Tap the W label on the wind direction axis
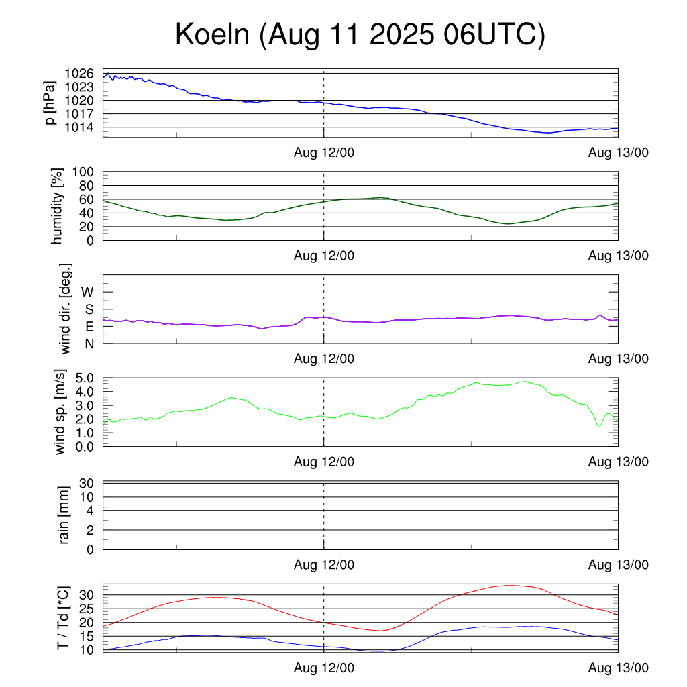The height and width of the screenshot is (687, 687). pos(87,292)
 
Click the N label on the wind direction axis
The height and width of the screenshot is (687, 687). pos(88,343)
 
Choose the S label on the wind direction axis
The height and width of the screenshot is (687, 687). pos(88,309)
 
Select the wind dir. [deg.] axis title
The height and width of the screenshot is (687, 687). pos(66,309)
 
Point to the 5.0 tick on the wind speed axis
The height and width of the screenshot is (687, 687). pos(81,378)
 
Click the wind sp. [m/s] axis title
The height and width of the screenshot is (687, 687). pos(61,411)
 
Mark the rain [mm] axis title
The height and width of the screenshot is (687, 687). pos(64,515)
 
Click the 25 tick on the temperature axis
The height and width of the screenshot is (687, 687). pos(86,609)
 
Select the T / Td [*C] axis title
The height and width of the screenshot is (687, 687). pos(62,617)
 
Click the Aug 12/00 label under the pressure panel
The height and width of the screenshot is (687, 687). pos(324,152)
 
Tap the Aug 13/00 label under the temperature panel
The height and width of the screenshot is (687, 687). pos(618,668)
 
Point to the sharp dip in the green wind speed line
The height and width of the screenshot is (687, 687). pos(599,427)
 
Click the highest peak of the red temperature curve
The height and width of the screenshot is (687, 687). pos(511,585)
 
